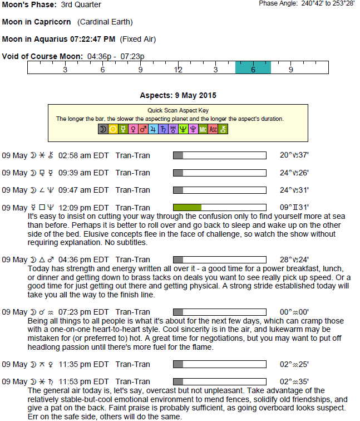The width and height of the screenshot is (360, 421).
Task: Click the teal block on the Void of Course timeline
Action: [x=253, y=67]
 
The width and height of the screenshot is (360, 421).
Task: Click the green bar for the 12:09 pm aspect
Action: [x=187, y=207]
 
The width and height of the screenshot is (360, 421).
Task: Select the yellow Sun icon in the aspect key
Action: [x=113, y=129]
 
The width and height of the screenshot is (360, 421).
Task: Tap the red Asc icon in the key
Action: [x=213, y=129]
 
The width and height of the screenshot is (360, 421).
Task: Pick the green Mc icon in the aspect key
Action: [x=203, y=129]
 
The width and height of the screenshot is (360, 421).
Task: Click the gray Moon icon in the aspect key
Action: [x=103, y=129]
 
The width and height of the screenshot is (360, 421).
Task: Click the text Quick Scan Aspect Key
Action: [x=178, y=110]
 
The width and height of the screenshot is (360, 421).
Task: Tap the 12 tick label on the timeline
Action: [x=178, y=70]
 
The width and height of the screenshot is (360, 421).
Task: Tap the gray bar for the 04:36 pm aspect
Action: [x=178, y=259]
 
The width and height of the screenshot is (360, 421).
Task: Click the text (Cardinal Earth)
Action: [x=105, y=22]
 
